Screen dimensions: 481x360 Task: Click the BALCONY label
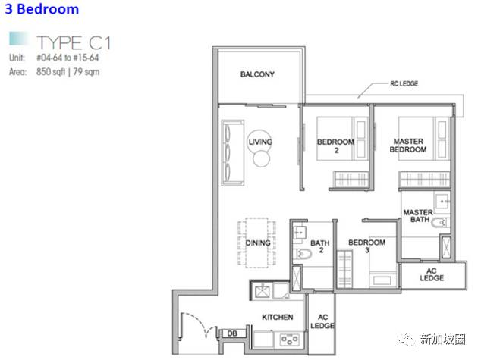tap(257, 74)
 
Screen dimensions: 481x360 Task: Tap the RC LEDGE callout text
tap(404, 83)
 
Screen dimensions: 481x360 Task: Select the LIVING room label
tap(260, 142)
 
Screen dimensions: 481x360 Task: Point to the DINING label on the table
tap(258, 243)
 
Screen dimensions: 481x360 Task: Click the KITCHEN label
tap(278, 317)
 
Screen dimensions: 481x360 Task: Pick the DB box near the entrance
tap(232, 333)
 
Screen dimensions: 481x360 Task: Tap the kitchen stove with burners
tap(290, 340)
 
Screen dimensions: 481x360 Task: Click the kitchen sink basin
tap(263, 290)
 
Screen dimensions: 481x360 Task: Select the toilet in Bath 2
tap(302, 254)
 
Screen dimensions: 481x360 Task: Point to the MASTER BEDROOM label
tap(408, 146)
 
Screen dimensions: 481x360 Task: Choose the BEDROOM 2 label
tap(336, 146)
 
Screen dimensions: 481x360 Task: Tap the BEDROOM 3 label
tap(366, 246)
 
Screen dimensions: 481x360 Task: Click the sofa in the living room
tap(233, 152)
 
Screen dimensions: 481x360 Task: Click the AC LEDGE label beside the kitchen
tap(322, 321)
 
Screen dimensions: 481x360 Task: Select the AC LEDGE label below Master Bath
tap(432, 274)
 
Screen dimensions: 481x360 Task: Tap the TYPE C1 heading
tap(73, 42)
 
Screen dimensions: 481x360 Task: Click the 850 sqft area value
tap(51, 72)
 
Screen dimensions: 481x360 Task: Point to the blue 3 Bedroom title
tap(42, 8)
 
